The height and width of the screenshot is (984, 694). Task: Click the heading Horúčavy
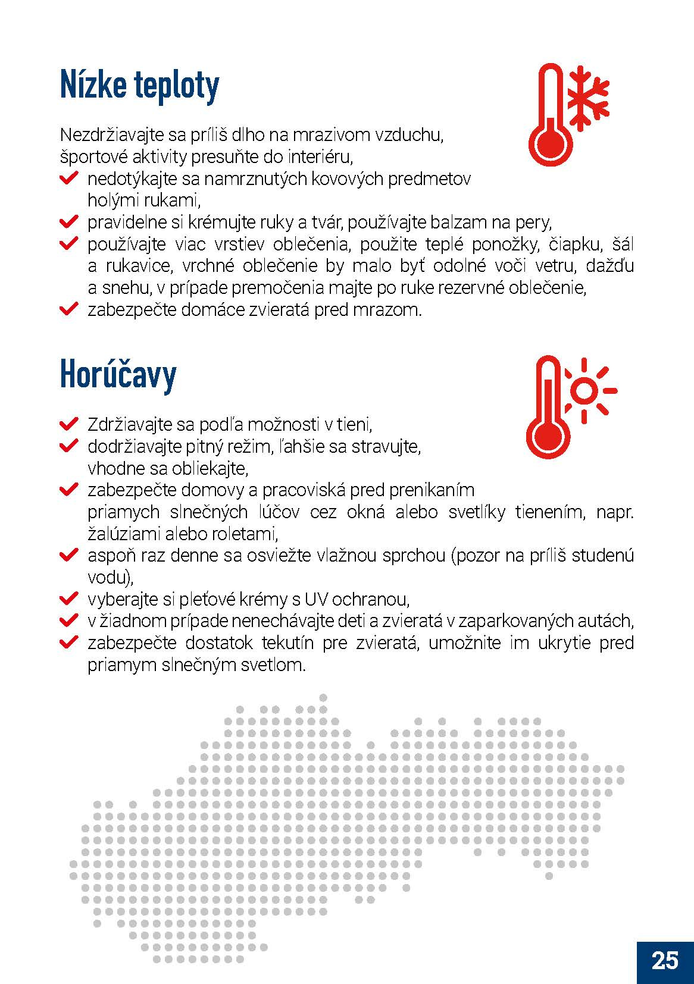coord(118,375)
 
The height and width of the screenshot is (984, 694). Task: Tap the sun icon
coord(586,391)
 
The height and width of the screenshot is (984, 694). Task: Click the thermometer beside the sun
coord(548,410)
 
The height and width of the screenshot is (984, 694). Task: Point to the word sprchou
coord(412,556)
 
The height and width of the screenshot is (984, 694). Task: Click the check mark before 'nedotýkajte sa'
coord(69,178)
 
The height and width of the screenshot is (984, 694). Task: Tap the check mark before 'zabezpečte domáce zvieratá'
coord(69,309)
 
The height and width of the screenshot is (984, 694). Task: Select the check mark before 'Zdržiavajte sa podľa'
coord(69,424)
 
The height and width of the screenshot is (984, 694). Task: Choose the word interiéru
coord(322,157)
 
